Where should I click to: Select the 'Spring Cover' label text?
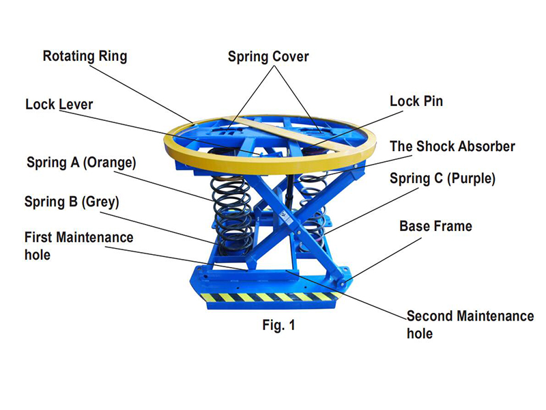[268, 56]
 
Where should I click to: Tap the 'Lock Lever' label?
[59, 105]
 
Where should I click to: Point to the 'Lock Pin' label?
[416, 101]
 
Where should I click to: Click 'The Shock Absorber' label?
[452, 146]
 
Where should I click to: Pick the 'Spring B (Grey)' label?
[72, 202]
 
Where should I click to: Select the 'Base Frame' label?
[435, 225]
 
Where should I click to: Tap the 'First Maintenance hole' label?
[78, 245]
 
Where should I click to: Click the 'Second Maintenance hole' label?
[470, 325]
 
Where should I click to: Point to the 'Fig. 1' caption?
[279, 325]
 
